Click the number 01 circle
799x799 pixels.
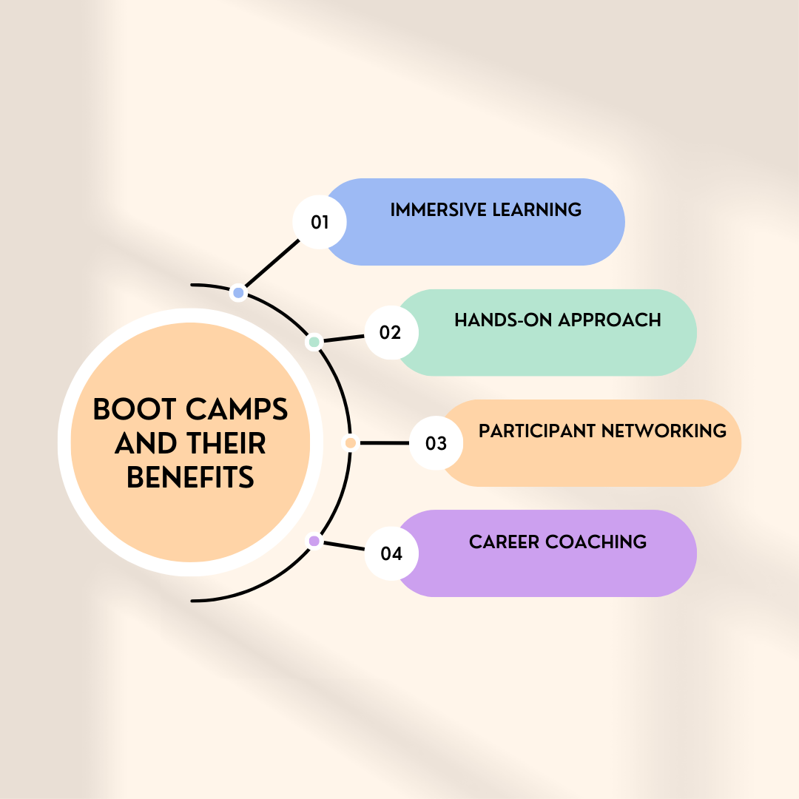click(x=320, y=222)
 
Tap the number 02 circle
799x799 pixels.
click(x=391, y=333)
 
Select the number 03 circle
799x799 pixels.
click(x=436, y=443)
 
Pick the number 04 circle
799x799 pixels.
click(x=391, y=553)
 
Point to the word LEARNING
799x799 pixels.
click(x=536, y=210)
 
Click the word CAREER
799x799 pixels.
click(x=504, y=542)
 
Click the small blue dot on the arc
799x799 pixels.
click(x=238, y=293)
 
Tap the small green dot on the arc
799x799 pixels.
click(x=314, y=342)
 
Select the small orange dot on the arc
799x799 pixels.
click(x=351, y=443)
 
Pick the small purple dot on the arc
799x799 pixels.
click(x=314, y=541)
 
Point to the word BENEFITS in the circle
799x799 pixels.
click(x=191, y=478)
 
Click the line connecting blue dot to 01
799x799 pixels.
click(x=274, y=262)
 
